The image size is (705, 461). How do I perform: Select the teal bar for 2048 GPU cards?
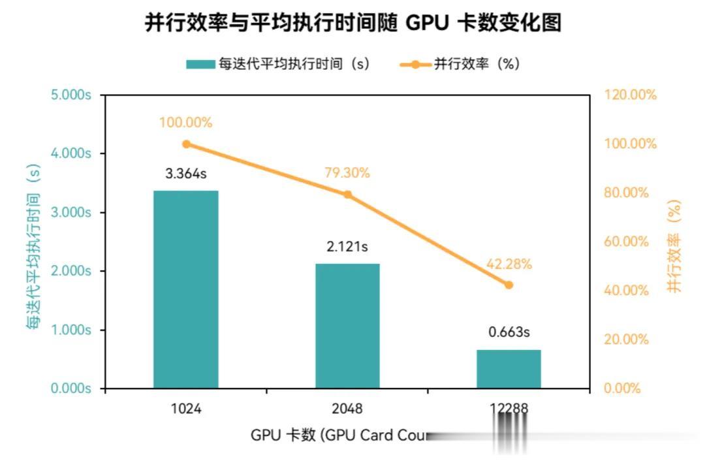(347, 326)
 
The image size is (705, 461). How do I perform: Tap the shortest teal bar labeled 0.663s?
(509, 369)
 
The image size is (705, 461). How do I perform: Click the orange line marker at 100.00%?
(187, 144)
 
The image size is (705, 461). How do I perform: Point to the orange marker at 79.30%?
(347, 195)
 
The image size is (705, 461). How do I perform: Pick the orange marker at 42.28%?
(509, 285)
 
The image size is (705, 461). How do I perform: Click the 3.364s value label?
(185, 175)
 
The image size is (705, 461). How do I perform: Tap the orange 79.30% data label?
(347, 173)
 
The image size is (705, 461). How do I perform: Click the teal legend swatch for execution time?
(200, 64)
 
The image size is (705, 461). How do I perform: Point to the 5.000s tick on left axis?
(69, 95)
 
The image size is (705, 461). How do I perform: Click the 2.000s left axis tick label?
(69, 271)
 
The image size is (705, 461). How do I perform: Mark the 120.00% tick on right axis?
(629, 95)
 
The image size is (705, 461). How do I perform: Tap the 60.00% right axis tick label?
(627, 242)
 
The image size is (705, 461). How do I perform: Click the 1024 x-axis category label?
(185, 409)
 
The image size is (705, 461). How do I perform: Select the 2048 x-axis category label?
(347, 409)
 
